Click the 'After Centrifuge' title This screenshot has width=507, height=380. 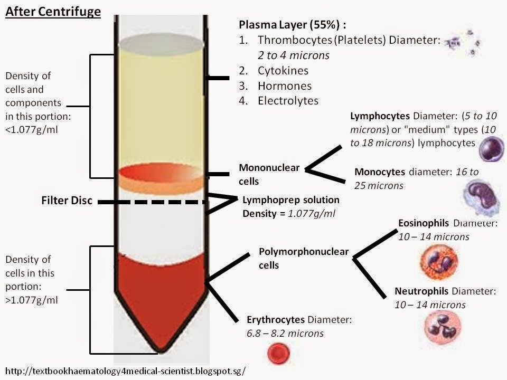pos(53,11)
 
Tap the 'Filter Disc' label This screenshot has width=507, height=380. pos(67,201)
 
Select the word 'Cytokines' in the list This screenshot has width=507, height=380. pos(283,70)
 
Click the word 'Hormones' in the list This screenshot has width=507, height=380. pos(285,85)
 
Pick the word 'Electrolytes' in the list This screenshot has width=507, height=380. pos(288,100)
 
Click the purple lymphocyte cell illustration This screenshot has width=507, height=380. pos(491,149)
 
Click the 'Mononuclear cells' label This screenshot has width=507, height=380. pos(269,174)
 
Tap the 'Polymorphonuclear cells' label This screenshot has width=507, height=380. pos(303,258)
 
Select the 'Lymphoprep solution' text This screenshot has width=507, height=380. pos(290,201)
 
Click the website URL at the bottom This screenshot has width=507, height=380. pos(127,370)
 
